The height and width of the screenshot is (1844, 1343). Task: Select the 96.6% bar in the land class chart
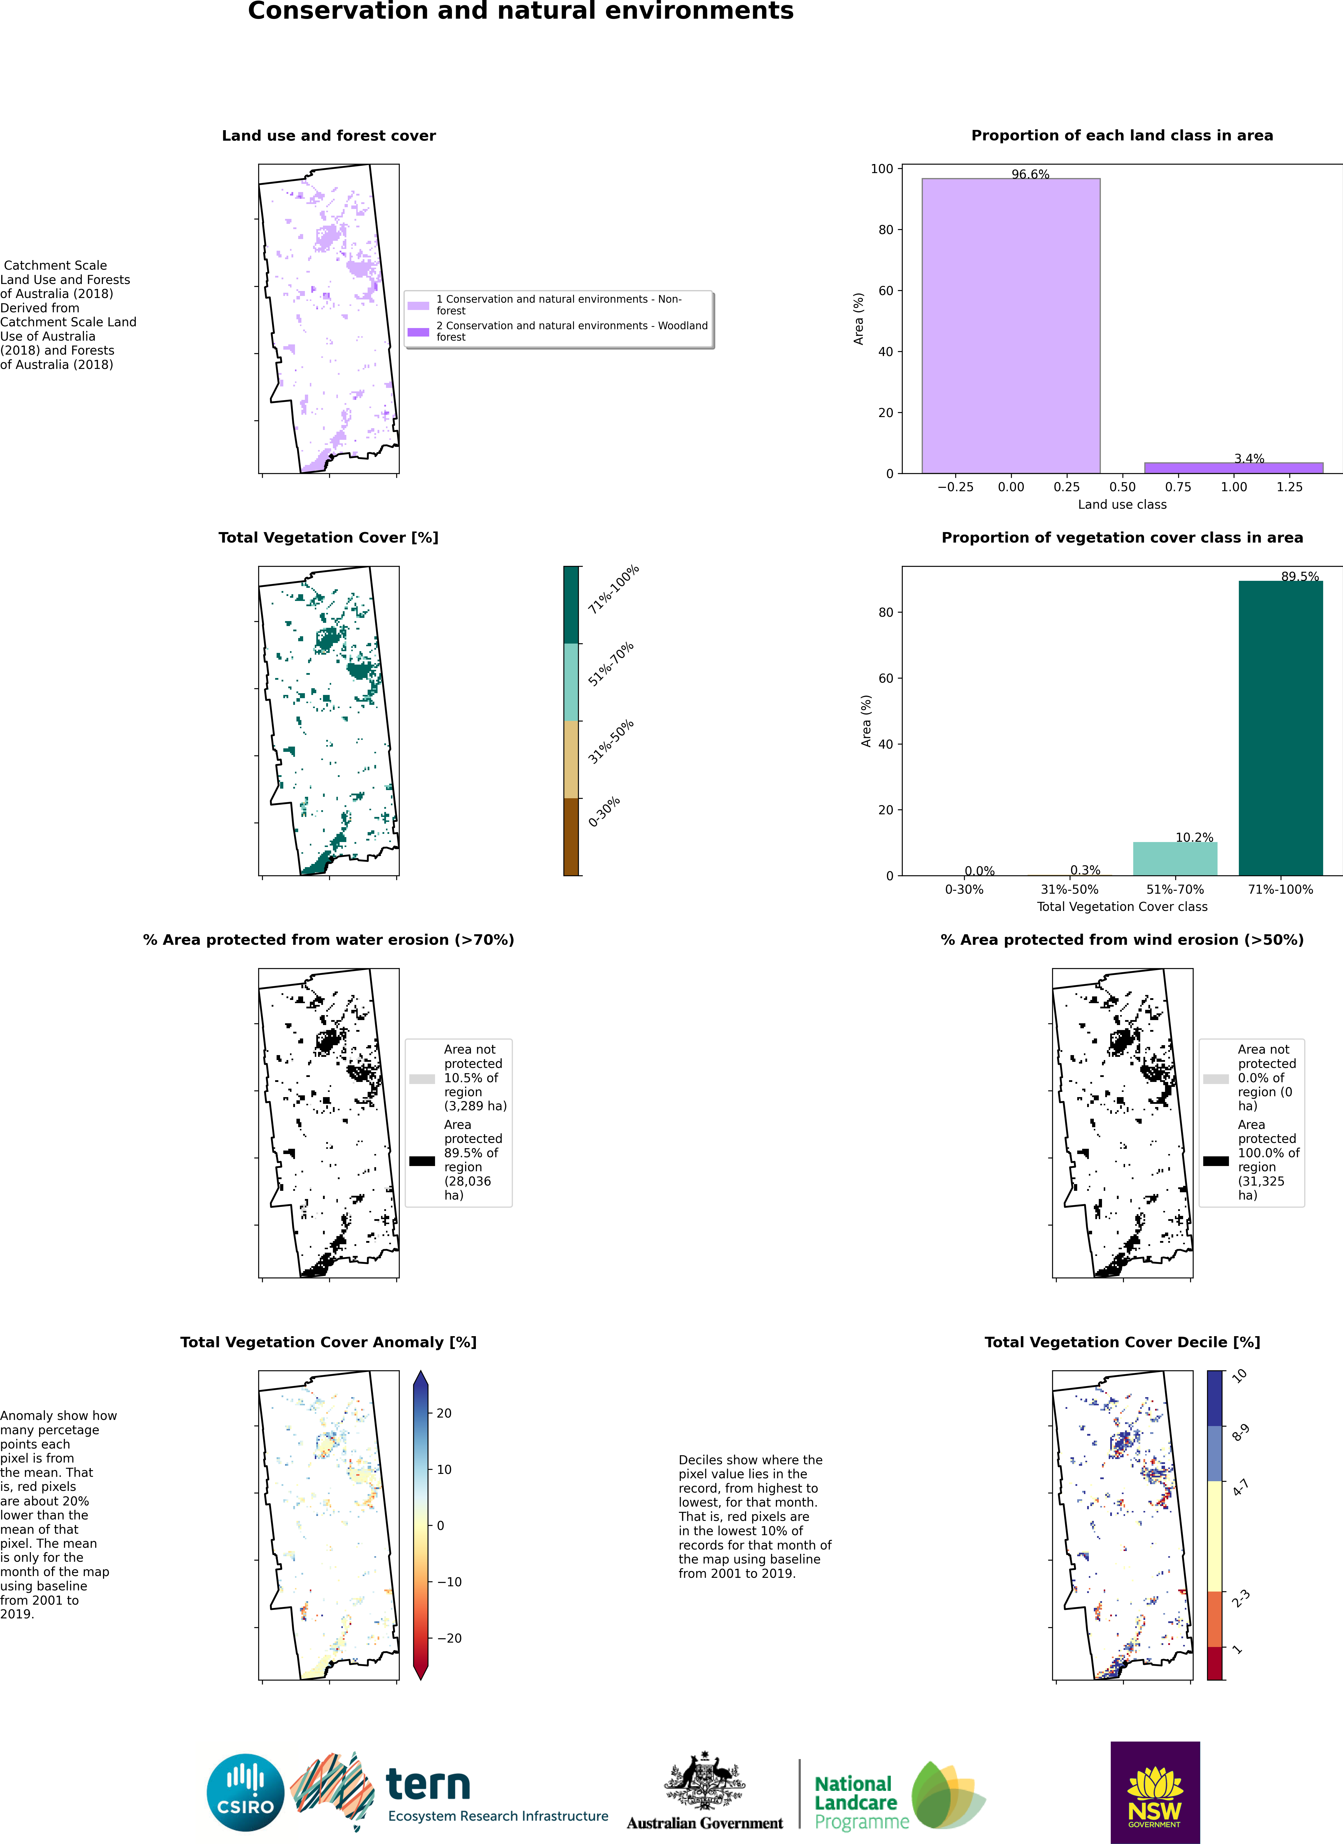click(1010, 325)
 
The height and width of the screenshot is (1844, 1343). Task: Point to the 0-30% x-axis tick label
click(964, 890)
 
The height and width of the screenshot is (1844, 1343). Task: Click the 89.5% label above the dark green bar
click(1300, 576)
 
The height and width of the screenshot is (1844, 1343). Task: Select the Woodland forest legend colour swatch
click(418, 332)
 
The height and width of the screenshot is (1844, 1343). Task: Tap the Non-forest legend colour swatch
click(418, 306)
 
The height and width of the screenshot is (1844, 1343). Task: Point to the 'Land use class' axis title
click(1122, 505)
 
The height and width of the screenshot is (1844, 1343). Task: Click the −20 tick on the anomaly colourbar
click(450, 1638)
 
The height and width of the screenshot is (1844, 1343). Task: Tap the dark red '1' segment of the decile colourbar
click(1215, 1663)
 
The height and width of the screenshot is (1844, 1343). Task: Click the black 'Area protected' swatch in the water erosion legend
click(422, 1161)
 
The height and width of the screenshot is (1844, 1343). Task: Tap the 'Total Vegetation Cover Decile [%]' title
click(1122, 1342)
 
